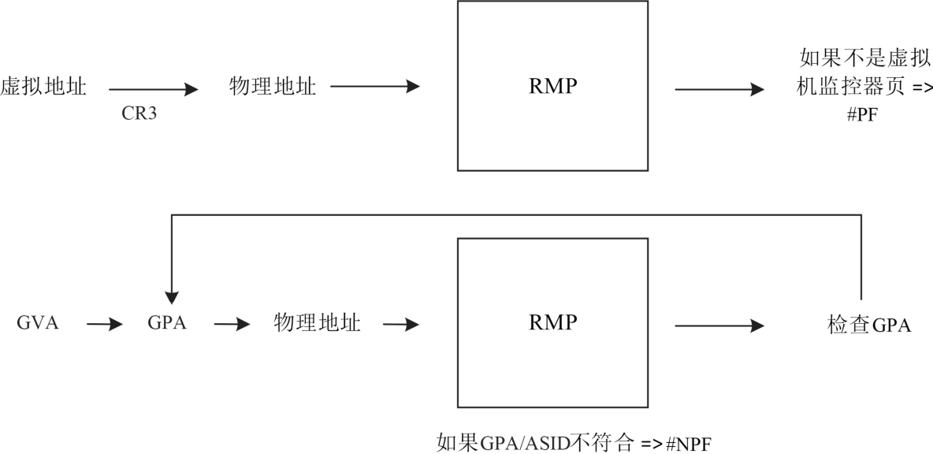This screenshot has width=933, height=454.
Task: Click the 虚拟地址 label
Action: (x=43, y=87)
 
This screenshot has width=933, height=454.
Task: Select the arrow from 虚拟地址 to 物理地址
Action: (x=153, y=89)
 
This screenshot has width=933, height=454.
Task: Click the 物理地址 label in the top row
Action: (x=273, y=87)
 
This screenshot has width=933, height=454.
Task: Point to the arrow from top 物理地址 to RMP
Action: (x=375, y=87)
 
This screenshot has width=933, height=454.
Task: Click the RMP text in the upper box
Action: (x=552, y=87)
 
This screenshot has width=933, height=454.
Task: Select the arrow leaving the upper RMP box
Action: (x=719, y=89)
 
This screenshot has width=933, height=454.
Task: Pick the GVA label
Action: (x=38, y=323)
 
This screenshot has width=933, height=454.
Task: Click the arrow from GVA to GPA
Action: (x=104, y=324)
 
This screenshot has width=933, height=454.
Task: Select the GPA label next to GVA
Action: (x=167, y=323)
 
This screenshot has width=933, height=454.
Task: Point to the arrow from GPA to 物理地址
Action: (x=232, y=324)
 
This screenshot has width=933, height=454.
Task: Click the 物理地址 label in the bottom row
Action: (x=317, y=323)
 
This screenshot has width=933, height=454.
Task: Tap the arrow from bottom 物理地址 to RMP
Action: (x=401, y=324)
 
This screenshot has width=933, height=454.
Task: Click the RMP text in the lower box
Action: (x=552, y=323)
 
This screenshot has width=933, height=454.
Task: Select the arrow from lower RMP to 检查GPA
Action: (x=719, y=325)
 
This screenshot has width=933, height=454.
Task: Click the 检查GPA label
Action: (x=869, y=325)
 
